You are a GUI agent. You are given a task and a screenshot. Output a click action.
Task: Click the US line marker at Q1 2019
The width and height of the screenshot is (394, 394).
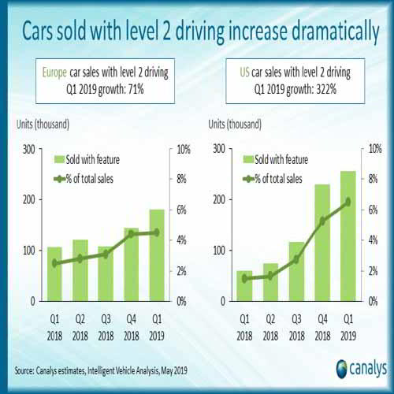tap(348, 202)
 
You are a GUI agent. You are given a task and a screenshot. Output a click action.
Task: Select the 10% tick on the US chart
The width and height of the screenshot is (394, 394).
tap(376, 148)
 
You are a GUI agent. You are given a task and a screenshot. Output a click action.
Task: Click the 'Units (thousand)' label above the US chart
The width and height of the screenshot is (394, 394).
tap(235, 125)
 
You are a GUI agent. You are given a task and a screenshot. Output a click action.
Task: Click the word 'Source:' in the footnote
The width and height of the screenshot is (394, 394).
tap(28, 370)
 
